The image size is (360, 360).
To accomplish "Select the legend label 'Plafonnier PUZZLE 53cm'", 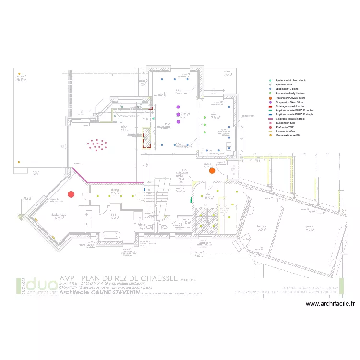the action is click(290, 98).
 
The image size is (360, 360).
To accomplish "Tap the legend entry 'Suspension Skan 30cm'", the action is click(289, 102).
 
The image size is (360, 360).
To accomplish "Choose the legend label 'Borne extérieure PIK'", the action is click(288, 135).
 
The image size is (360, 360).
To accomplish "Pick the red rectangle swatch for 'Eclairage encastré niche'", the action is click(271, 107).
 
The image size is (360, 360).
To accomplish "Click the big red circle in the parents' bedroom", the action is click(71, 194).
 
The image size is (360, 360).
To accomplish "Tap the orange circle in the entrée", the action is click(212, 170).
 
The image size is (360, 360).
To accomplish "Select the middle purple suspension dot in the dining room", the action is click(178, 114).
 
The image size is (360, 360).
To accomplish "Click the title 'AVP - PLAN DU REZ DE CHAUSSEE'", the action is click(119, 278).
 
